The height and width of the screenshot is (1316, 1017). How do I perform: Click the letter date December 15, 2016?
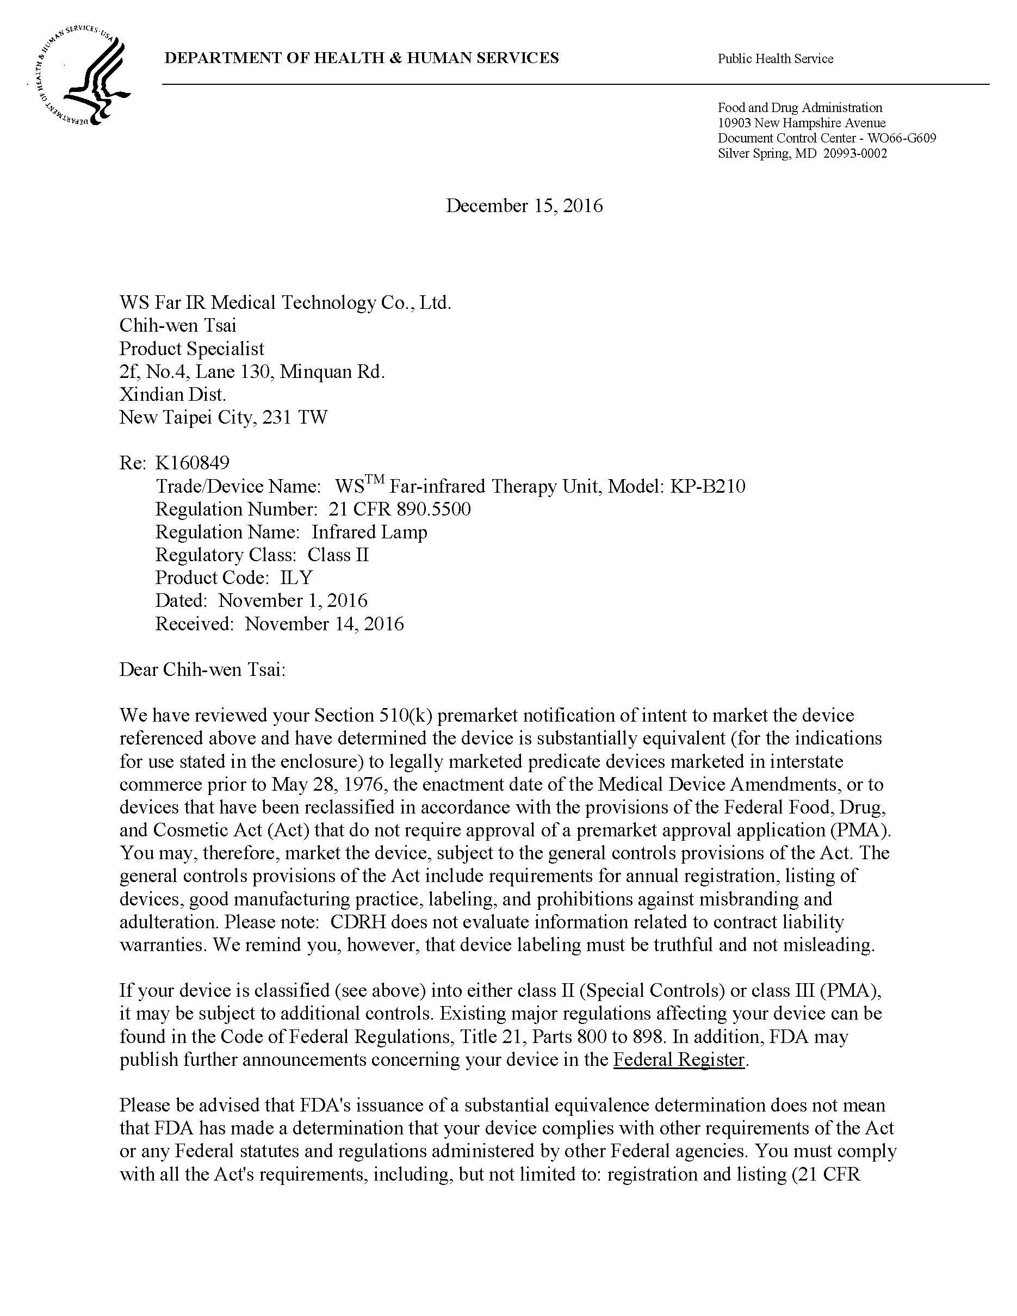point(524,206)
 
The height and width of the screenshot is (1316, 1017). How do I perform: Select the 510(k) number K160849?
point(192,463)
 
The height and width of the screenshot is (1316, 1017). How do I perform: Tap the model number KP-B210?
point(708,486)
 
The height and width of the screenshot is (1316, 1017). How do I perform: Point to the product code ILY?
point(296,578)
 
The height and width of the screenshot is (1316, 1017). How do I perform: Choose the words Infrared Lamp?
point(369,532)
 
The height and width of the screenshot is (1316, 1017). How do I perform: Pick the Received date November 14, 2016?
point(324,624)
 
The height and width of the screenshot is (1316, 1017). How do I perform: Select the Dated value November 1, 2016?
point(292,601)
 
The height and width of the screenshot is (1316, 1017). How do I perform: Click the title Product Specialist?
point(191,349)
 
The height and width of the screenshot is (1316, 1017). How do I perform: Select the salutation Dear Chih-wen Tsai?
point(202,669)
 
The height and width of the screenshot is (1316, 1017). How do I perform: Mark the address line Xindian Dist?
point(172,395)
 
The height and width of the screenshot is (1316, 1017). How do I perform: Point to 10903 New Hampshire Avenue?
point(801,123)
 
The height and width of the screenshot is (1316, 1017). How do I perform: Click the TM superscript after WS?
point(374,480)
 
